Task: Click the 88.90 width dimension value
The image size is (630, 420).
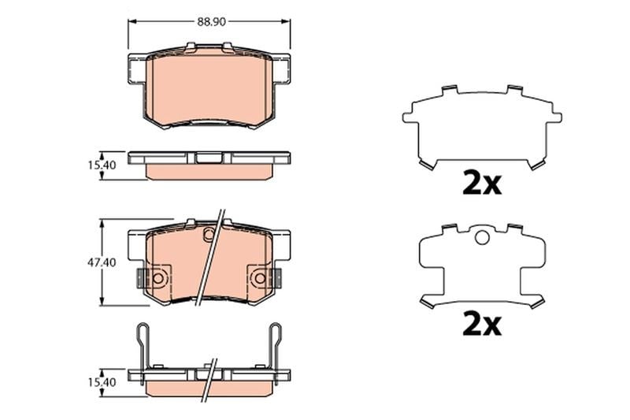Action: [211, 22]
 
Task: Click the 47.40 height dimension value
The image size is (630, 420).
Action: [102, 262]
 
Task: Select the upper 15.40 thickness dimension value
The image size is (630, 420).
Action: [102, 165]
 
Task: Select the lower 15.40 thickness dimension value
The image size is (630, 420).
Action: [102, 382]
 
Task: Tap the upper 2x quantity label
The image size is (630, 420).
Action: [482, 184]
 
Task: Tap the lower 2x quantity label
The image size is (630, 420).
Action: [482, 324]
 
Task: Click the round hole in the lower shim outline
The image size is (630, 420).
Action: [482, 237]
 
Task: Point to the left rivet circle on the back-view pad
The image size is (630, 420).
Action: [157, 277]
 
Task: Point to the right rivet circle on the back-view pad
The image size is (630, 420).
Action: [261, 277]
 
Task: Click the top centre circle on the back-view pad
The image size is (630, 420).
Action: [209, 233]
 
